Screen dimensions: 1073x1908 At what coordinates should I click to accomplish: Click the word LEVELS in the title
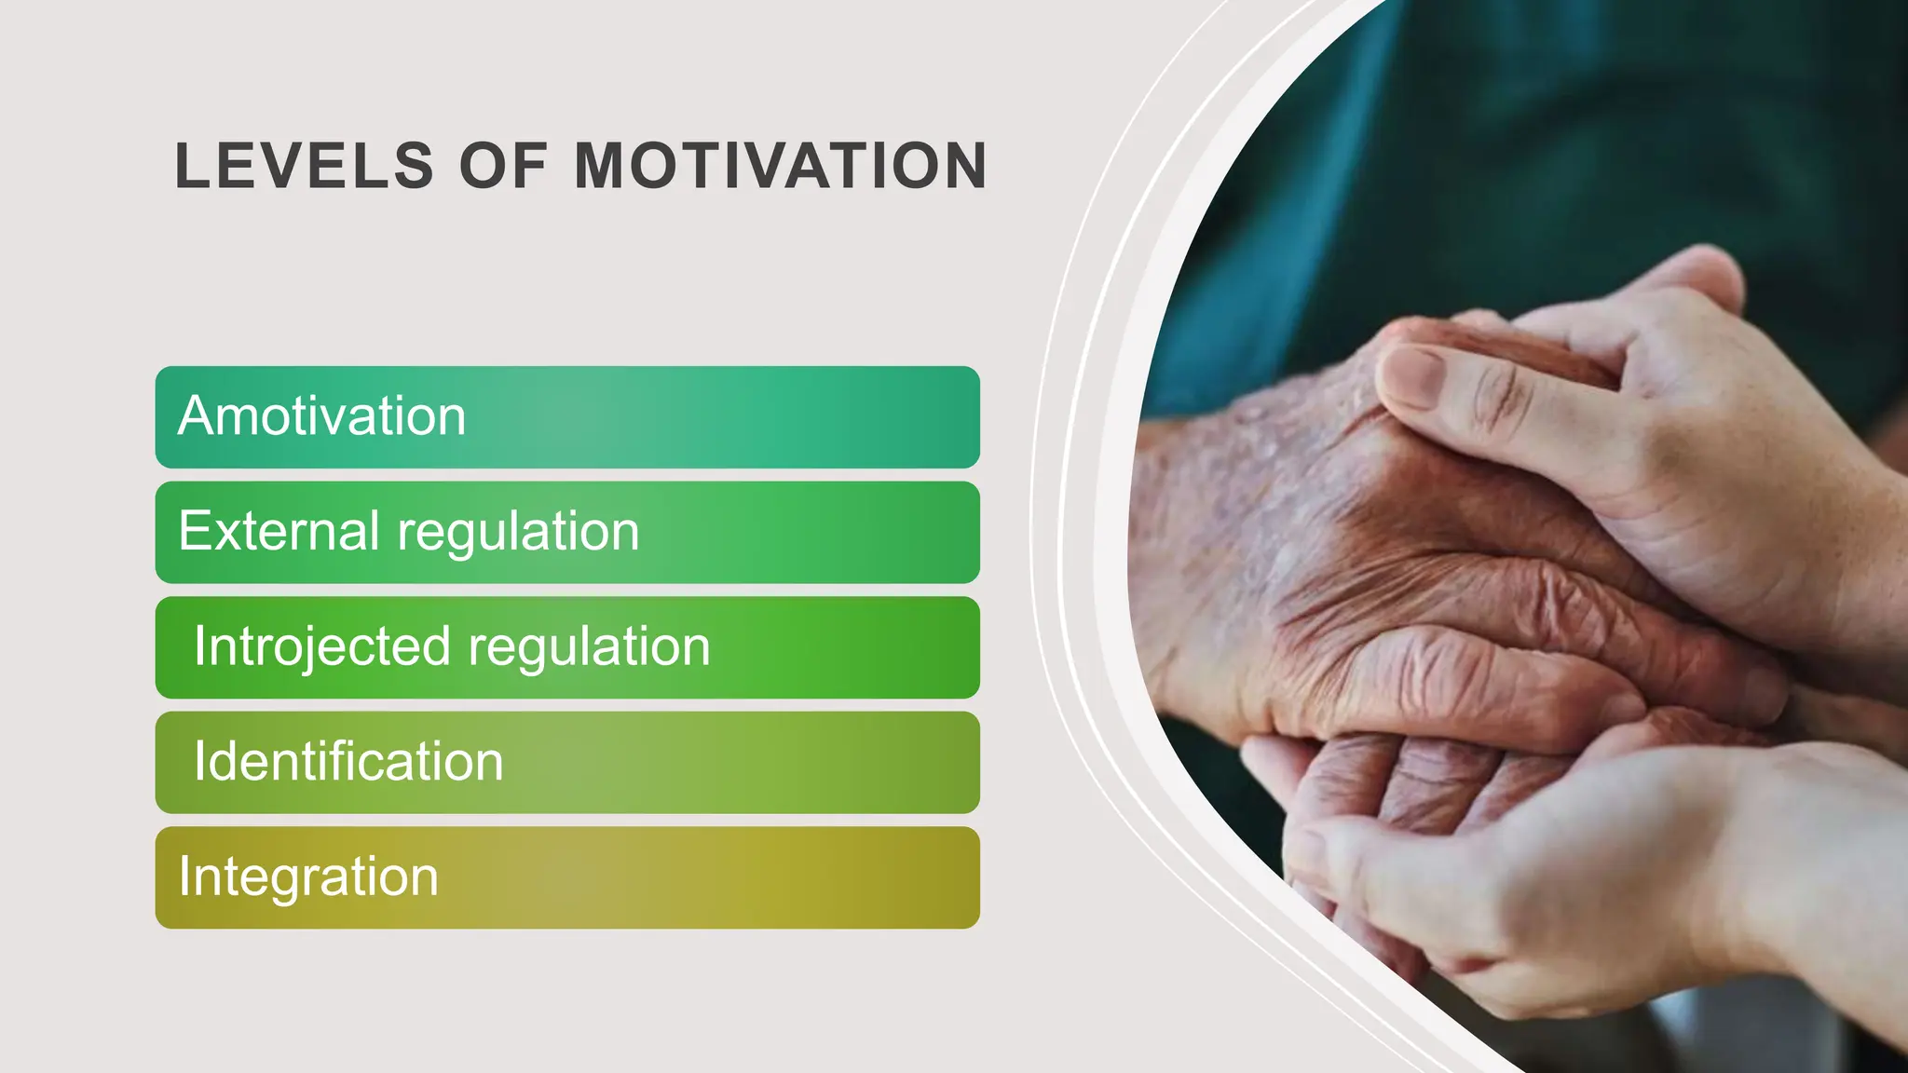(x=304, y=167)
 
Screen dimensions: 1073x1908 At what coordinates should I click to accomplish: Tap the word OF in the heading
(x=503, y=167)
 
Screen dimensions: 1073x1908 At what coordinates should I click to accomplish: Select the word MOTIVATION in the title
(x=781, y=167)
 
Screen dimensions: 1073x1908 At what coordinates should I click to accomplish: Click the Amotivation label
(x=321, y=415)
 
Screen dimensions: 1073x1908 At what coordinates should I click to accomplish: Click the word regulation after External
(x=518, y=533)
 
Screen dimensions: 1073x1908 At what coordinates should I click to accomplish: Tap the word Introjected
(x=321, y=646)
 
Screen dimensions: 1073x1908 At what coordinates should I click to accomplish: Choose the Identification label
(x=348, y=761)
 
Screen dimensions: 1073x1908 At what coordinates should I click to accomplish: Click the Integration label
(x=307, y=877)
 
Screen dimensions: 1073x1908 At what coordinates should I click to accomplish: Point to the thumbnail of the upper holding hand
(x=1409, y=376)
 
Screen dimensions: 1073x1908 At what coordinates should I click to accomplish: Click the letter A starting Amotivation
(x=197, y=415)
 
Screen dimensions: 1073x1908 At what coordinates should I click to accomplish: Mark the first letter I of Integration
(x=184, y=876)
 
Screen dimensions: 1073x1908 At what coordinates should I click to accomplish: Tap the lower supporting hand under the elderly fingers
(x=1537, y=894)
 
